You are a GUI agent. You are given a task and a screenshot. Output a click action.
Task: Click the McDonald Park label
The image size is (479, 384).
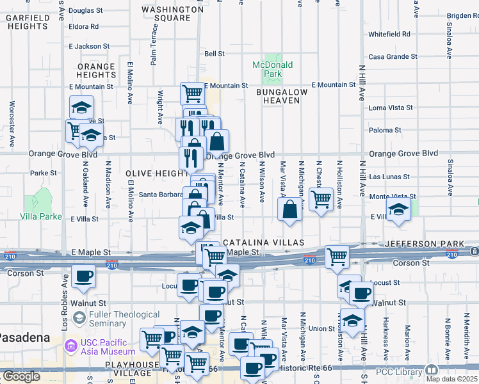pyautogui.click(x=272, y=69)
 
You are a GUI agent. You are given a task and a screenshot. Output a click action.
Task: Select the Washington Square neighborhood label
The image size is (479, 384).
pyautogui.click(x=173, y=13)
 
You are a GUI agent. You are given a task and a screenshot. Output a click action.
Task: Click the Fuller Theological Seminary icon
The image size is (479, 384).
pyautogui.click(x=79, y=318)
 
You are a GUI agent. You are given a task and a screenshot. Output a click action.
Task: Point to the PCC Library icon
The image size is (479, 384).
pyautogui.click(x=432, y=370)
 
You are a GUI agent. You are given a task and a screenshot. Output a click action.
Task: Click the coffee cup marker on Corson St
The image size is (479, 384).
pyautogui.click(x=83, y=276)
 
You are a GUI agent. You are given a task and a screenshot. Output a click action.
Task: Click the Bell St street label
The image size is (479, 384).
pyautogui.click(x=215, y=54)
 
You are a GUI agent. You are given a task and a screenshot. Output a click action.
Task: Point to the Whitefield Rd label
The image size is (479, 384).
pyautogui.click(x=389, y=34)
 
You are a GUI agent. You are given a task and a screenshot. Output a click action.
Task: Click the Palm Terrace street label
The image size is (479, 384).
pyautogui.click(x=154, y=50)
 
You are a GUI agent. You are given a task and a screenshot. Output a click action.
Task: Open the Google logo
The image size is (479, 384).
pyautogui.click(x=20, y=376)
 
